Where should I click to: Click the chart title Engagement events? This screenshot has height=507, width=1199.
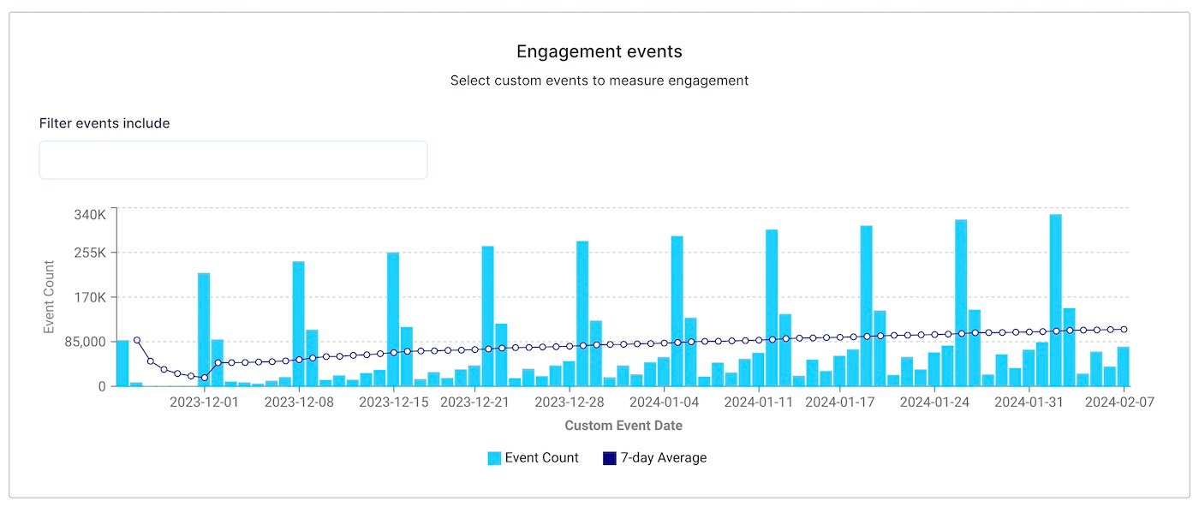pyautogui.click(x=599, y=51)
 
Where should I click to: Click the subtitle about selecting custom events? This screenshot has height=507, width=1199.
pyautogui.click(x=599, y=81)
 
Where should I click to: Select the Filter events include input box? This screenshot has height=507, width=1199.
pyautogui.click(x=233, y=160)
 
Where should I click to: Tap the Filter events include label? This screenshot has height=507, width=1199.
pyautogui.click(x=104, y=123)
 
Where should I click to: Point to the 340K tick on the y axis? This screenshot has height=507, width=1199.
pyautogui.click(x=88, y=214)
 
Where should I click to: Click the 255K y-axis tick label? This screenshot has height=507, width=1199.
pyautogui.click(x=88, y=253)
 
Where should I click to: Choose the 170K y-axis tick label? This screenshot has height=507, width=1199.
pyautogui.click(x=88, y=297)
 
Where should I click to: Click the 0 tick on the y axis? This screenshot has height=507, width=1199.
pyautogui.click(x=102, y=386)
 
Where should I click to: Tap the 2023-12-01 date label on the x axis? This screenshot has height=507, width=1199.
pyautogui.click(x=204, y=403)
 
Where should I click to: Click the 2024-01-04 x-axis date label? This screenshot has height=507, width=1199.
pyautogui.click(x=664, y=403)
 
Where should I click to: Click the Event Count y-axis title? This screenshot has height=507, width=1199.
pyautogui.click(x=50, y=297)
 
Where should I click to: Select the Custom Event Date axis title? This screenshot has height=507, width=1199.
pyautogui.click(x=623, y=425)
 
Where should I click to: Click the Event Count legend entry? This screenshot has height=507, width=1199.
pyautogui.click(x=533, y=458)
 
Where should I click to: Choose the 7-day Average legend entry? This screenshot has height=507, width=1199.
pyautogui.click(x=655, y=458)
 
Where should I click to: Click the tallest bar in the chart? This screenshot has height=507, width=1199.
pyautogui.click(x=1056, y=301)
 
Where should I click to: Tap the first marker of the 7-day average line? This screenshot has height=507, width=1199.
pyautogui.click(x=136, y=340)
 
